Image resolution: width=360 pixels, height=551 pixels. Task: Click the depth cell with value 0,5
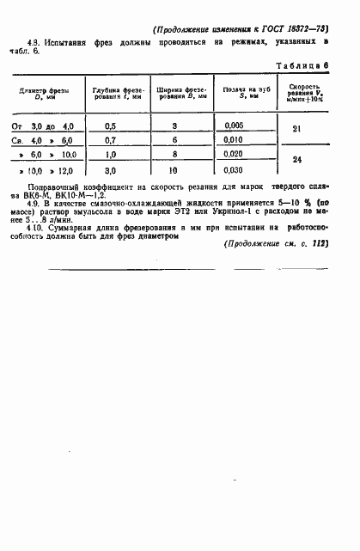[110, 126]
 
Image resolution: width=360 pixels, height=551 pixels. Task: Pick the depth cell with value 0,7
[110, 140]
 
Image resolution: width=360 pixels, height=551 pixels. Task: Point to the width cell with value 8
[174, 155]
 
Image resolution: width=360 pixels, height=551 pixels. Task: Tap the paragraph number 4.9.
[35, 205]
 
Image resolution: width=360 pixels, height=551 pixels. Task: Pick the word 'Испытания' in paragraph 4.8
[65, 41]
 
